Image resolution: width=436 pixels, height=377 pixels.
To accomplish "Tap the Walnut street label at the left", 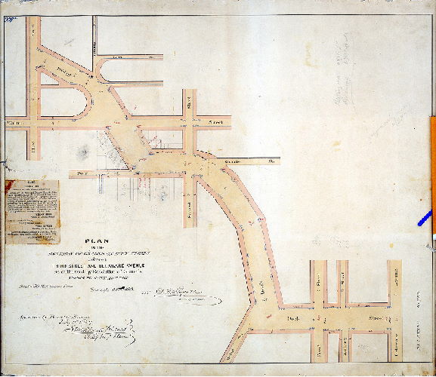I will click(12, 119).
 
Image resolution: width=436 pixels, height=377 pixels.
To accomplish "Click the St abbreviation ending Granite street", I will click(271, 160).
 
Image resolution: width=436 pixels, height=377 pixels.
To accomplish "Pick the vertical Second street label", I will click(189, 200).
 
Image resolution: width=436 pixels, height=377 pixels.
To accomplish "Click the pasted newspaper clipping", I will click(31, 212).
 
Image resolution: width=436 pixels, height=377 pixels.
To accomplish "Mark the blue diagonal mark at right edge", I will click(424, 218).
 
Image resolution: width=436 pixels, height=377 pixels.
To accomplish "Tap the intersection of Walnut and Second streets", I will click(189, 119).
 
